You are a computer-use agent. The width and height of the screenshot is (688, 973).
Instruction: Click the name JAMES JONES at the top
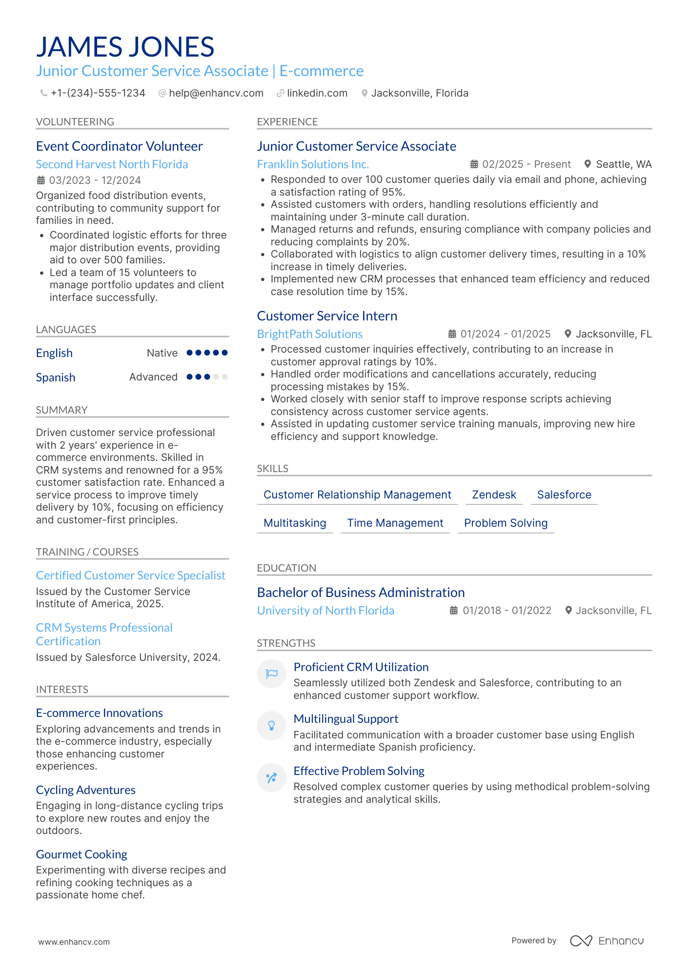pos(125,47)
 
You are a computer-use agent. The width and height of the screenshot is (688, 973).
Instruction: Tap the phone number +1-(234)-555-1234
pos(98,93)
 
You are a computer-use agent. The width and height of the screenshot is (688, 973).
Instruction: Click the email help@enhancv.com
pos(216,93)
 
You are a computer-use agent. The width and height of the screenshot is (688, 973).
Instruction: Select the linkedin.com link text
pos(317,93)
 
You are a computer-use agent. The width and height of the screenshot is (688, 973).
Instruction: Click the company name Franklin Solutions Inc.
pos(313,164)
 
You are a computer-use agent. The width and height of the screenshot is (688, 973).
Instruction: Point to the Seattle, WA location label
pos(623,164)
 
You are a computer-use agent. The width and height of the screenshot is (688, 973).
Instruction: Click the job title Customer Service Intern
pos(327,316)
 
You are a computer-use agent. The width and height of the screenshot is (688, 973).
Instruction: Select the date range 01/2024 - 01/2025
pos(505,334)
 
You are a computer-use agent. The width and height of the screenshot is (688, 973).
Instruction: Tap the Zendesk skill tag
pos(494,495)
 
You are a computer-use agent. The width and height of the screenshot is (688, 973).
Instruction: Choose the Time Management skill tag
pos(395,523)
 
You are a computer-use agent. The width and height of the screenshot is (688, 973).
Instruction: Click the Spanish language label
pos(56,377)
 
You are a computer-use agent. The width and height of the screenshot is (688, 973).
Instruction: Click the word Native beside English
pos(162,353)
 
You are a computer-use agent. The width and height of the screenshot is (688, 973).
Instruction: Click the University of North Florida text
pos(325,611)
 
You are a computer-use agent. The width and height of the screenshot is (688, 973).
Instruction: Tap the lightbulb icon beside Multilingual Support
pos(272,726)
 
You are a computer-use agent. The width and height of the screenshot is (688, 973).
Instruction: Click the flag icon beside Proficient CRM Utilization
pos(272,674)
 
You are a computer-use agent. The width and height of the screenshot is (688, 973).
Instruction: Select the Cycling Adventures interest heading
pos(86,790)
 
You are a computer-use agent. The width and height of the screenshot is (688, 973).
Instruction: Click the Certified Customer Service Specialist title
pos(131,576)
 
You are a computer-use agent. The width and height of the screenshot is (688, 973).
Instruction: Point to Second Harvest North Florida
pos(112,164)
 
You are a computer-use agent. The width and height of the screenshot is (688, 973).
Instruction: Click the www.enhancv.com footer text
pos(74,942)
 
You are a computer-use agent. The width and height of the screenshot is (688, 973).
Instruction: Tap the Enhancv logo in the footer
pos(607,941)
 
